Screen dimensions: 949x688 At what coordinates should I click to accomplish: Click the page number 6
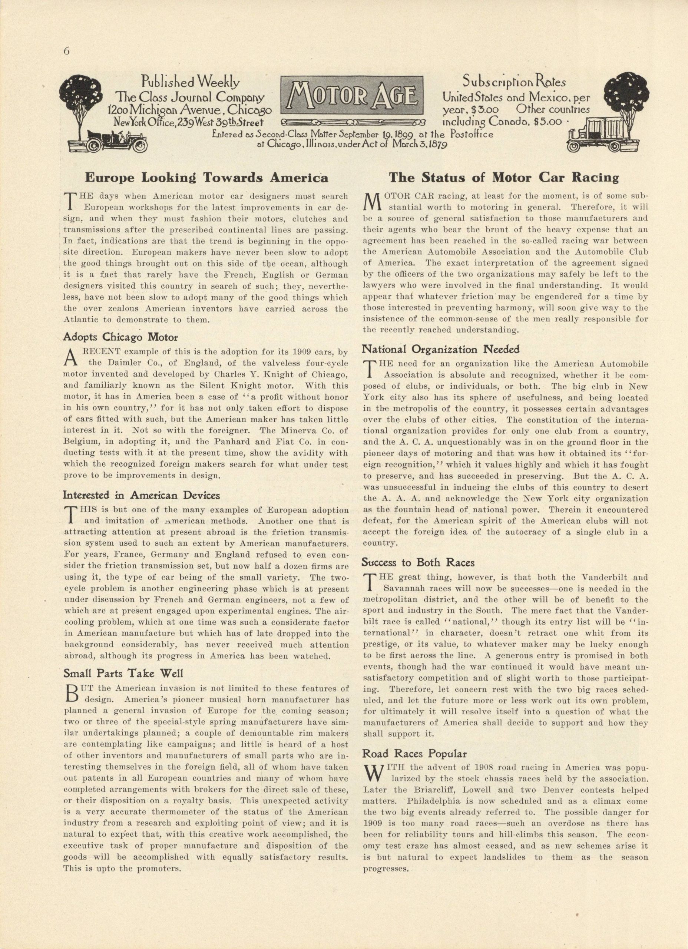(x=66, y=51)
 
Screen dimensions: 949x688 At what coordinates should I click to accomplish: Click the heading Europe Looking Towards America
(x=206, y=178)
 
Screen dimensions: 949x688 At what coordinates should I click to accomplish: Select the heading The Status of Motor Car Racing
(x=503, y=178)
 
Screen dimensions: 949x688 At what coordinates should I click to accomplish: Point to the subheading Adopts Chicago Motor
(x=120, y=337)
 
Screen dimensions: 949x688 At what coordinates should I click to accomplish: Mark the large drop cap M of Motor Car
(x=372, y=201)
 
